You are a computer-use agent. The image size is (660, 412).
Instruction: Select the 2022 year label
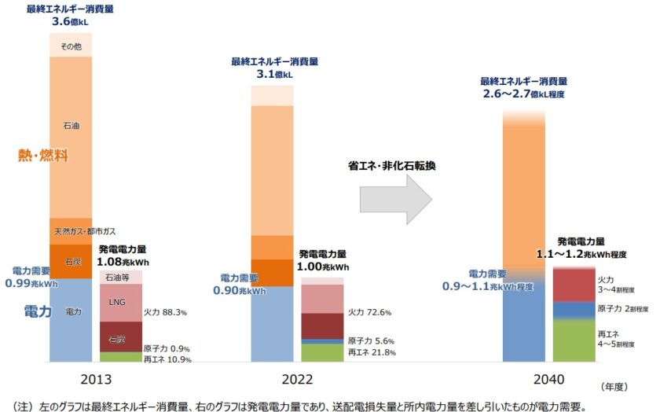point(296,379)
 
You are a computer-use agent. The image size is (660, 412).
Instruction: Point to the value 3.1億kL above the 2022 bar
point(272,74)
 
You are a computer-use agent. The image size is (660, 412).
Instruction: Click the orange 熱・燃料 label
point(43,156)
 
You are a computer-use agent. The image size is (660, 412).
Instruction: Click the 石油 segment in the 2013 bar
point(71,125)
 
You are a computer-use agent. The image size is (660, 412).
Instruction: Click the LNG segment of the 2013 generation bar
point(120,302)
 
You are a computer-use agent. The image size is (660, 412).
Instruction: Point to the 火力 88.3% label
point(164,312)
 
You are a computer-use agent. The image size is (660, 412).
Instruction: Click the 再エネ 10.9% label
point(167,359)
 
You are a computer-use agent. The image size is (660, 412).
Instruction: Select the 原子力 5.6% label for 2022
point(371,340)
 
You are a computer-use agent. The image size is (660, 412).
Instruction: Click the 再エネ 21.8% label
point(371,352)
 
